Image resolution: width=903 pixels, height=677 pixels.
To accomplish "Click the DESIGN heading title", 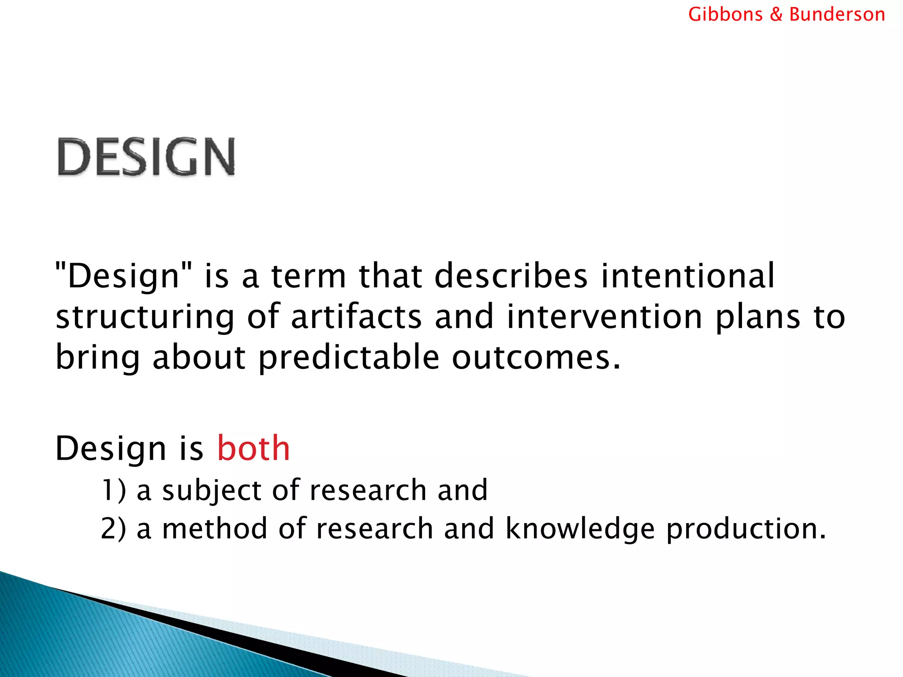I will pyautogui.click(x=146, y=157).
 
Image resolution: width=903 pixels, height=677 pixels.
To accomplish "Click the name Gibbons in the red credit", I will pyautogui.click(x=725, y=15).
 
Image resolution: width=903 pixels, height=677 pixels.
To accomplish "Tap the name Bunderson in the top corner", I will pyautogui.click(x=836, y=15).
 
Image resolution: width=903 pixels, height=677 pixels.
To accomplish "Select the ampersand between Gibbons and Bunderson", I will pyautogui.click(x=776, y=15).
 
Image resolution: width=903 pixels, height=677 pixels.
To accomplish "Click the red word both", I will pyautogui.click(x=254, y=448).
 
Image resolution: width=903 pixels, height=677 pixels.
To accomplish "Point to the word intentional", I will pyautogui.click(x=687, y=276).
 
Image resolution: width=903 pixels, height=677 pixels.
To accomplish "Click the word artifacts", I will pyautogui.click(x=356, y=316).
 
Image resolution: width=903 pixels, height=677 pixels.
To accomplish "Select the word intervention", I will pyautogui.click(x=604, y=316).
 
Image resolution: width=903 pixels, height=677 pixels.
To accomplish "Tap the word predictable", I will pyautogui.click(x=349, y=357).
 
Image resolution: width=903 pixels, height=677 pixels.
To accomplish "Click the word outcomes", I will pyautogui.click(x=536, y=357).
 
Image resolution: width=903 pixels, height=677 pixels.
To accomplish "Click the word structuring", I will pyautogui.click(x=145, y=317).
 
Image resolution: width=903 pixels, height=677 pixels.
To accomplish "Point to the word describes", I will pyautogui.click(x=511, y=276).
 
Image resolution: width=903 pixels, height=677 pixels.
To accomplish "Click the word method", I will pyautogui.click(x=215, y=528).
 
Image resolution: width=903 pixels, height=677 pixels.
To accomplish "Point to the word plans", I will pyautogui.click(x=757, y=317).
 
